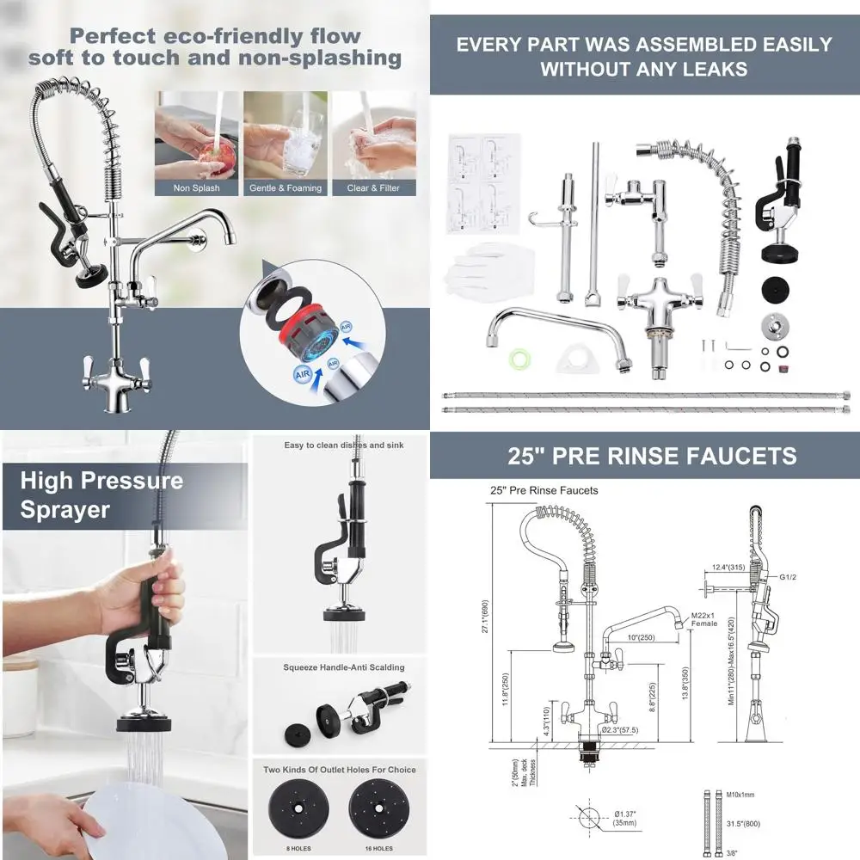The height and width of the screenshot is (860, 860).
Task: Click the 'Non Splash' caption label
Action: point(196,187)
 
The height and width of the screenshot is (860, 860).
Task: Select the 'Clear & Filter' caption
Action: point(373,187)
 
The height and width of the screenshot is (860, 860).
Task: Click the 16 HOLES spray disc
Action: point(378,817)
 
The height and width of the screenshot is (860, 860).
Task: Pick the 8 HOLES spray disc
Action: point(298,817)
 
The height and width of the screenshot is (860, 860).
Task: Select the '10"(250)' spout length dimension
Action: point(640,637)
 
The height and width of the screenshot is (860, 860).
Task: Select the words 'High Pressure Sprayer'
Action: point(101,494)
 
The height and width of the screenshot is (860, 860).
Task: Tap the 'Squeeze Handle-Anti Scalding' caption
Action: point(343,667)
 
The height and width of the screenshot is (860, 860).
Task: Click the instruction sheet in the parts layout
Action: point(484,182)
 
